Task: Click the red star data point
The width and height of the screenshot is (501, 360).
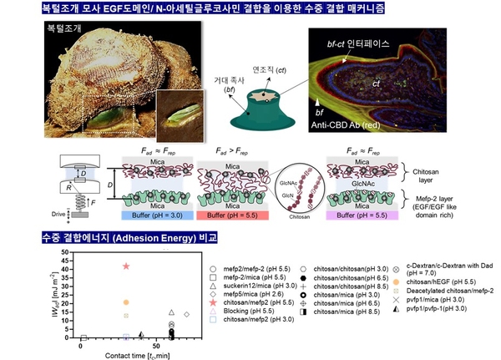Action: click(x=126, y=266)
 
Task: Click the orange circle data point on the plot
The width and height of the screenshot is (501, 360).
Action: click(x=126, y=302)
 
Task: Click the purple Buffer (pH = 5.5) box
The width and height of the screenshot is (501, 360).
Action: click(x=367, y=215)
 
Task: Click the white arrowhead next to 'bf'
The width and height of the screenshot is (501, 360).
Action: click(x=318, y=101)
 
